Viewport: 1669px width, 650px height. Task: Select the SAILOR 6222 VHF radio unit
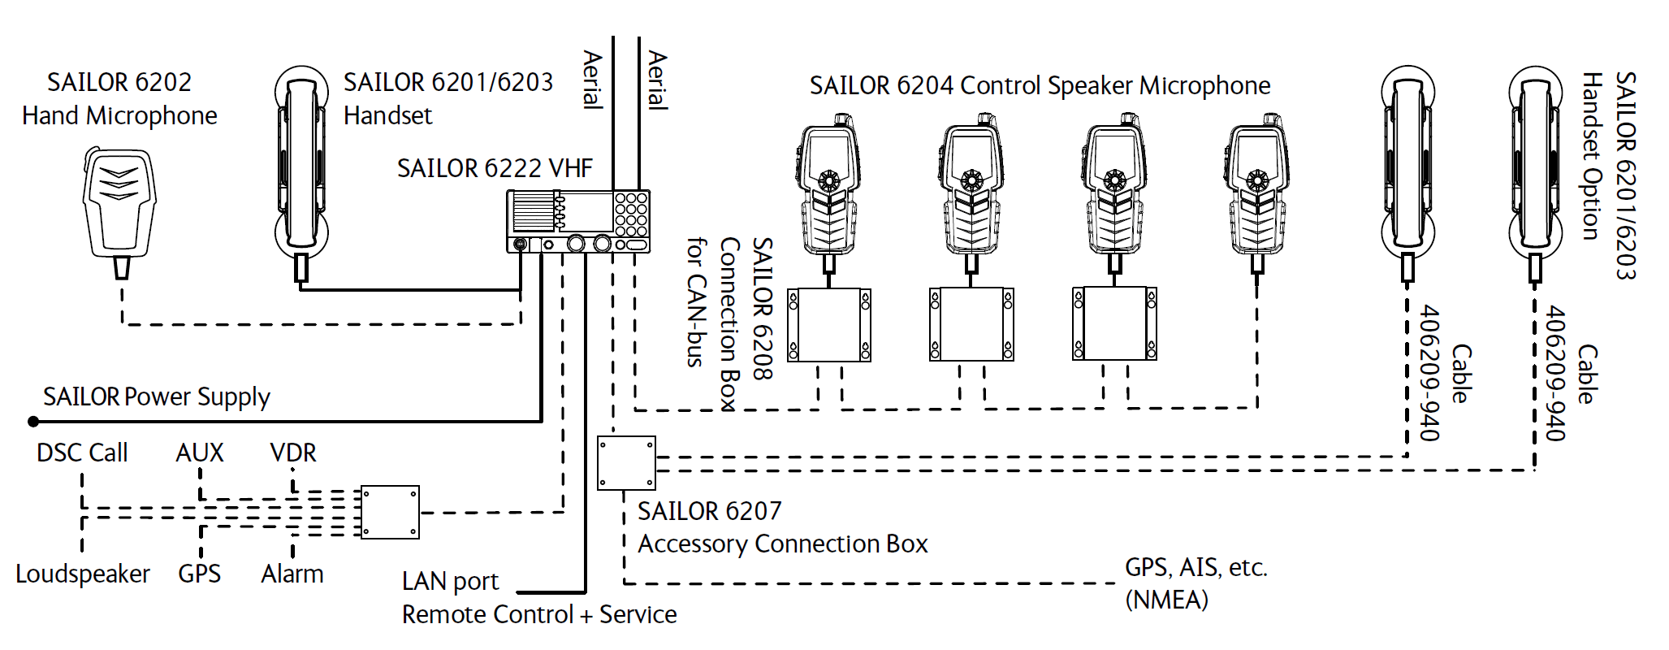click(x=577, y=221)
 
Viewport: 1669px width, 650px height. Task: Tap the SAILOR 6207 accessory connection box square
click(x=626, y=463)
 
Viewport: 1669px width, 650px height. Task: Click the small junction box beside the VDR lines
click(x=390, y=513)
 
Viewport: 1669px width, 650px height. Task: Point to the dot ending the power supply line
click(x=33, y=422)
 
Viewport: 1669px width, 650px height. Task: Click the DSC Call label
click(x=82, y=453)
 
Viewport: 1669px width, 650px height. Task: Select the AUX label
click(x=200, y=453)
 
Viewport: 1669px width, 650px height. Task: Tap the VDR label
click(x=293, y=453)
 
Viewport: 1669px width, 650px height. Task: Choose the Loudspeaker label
click(x=83, y=574)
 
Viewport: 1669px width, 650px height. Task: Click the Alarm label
click(x=292, y=574)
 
